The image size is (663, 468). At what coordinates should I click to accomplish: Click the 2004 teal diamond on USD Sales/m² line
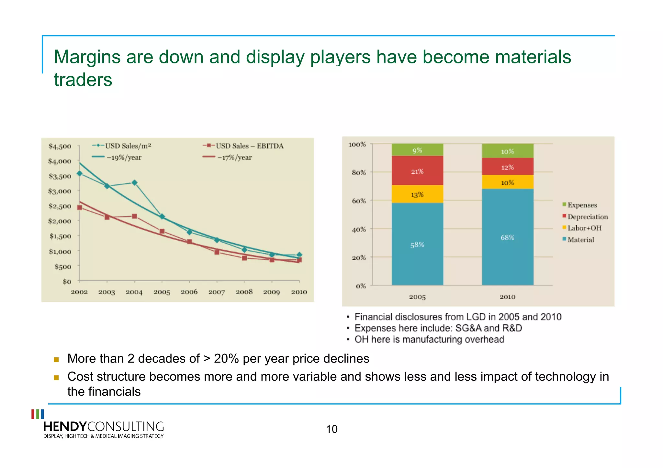coord(134,183)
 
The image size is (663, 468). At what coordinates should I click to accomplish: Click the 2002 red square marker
coord(80,207)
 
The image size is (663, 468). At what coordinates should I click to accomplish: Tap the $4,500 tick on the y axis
coord(60,146)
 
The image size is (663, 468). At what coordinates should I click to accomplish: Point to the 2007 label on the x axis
coord(217,292)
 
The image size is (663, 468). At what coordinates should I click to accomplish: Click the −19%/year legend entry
coord(124,158)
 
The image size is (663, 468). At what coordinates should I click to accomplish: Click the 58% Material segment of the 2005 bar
coord(417,245)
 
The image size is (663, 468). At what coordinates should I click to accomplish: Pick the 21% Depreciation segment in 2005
coord(417,171)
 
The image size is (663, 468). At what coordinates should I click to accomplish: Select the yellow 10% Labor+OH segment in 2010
coord(507,182)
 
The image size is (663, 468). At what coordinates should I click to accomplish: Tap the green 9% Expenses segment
coord(417,150)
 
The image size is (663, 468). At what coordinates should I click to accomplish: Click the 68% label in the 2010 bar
coord(507,237)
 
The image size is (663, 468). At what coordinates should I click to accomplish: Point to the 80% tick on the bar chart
coord(359,172)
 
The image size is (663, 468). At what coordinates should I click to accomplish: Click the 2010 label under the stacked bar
coord(507,297)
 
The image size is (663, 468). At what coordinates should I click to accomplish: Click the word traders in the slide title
coord(83,80)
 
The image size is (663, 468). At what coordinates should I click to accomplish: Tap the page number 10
coord(331,429)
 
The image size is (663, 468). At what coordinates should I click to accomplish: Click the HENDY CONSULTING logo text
coord(103,427)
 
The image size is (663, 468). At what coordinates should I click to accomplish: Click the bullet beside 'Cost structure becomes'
coord(56,377)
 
